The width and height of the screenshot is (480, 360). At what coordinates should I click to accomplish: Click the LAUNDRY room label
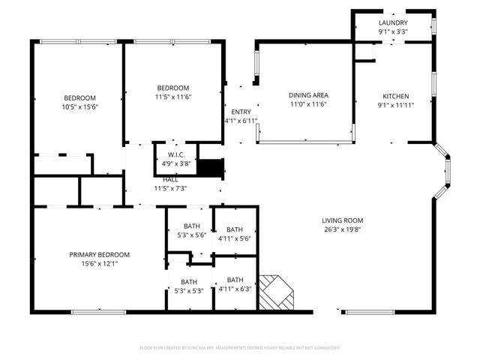tap(392, 22)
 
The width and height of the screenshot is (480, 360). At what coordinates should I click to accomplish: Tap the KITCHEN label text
tap(396, 96)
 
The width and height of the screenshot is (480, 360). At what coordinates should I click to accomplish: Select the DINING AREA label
tap(308, 95)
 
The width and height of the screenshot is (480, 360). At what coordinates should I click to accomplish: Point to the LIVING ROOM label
tap(341, 220)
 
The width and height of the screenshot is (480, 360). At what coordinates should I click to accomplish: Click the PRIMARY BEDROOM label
tap(99, 254)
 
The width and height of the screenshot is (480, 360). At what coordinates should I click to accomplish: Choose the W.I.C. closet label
tap(174, 154)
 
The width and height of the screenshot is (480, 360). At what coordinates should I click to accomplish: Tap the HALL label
tap(170, 179)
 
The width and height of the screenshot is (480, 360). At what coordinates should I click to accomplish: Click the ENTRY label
tap(241, 112)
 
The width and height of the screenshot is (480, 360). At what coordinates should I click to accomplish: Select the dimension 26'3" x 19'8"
tap(341, 230)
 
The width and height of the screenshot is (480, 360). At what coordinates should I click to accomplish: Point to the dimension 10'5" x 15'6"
tap(79, 107)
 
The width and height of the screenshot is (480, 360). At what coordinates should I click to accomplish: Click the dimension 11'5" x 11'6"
tap(172, 97)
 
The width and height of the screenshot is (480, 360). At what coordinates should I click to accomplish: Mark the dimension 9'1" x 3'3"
tap(392, 31)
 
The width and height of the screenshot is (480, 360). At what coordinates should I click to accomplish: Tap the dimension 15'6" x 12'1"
tap(99, 263)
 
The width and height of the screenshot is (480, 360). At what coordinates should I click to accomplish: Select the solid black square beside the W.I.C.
tap(214, 168)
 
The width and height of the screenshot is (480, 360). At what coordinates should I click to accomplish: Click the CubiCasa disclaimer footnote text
tap(240, 348)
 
